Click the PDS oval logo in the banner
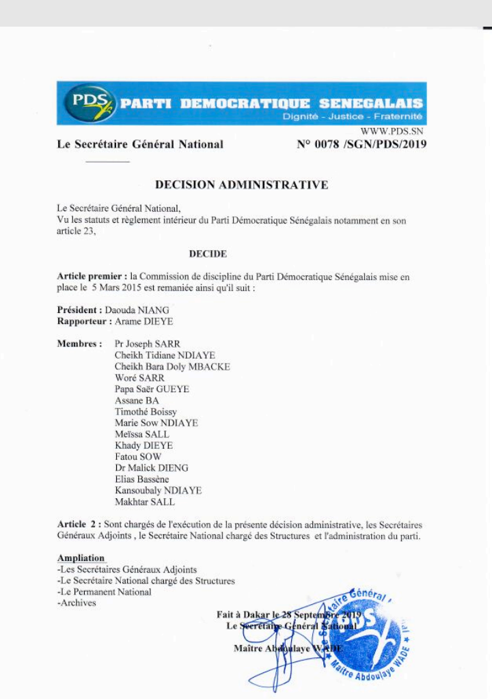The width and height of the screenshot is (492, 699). click(88, 103)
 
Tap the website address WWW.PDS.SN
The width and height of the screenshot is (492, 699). click(392, 131)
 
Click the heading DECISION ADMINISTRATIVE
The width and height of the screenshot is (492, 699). click(241, 184)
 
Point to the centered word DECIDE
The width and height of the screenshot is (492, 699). click(208, 253)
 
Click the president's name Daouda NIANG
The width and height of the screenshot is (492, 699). click(137, 310)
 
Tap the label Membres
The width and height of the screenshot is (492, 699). click(79, 344)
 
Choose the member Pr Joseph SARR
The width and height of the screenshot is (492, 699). click(148, 344)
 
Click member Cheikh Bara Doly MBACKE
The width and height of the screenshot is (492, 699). click(172, 366)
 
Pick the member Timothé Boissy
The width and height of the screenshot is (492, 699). click(146, 411)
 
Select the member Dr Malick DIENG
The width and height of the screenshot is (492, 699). click(151, 468)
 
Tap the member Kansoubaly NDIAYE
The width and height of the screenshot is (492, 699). click(158, 491)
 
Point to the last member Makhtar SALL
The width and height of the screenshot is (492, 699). click(144, 502)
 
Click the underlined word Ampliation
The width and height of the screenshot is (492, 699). click(81, 558)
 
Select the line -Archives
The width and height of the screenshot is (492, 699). click(77, 603)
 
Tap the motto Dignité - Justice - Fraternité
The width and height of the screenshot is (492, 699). click(353, 117)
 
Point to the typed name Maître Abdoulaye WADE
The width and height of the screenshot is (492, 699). click(288, 648)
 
